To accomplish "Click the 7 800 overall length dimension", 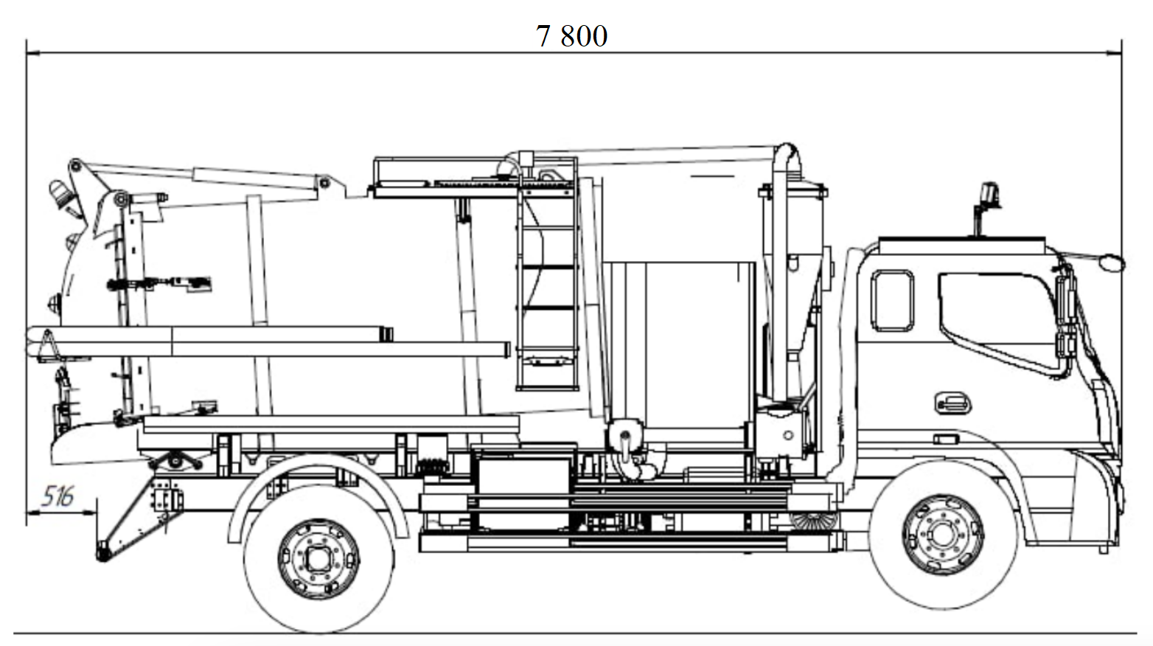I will [572, 36].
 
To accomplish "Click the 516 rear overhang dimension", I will [57, 496].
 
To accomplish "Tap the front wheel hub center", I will [943, 534].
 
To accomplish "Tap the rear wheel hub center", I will [318, 558].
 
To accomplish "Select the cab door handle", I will [952, 403].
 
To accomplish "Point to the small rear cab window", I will [892, 301].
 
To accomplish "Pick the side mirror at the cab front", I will [1110, 261].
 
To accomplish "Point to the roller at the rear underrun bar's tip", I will [103, 551].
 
